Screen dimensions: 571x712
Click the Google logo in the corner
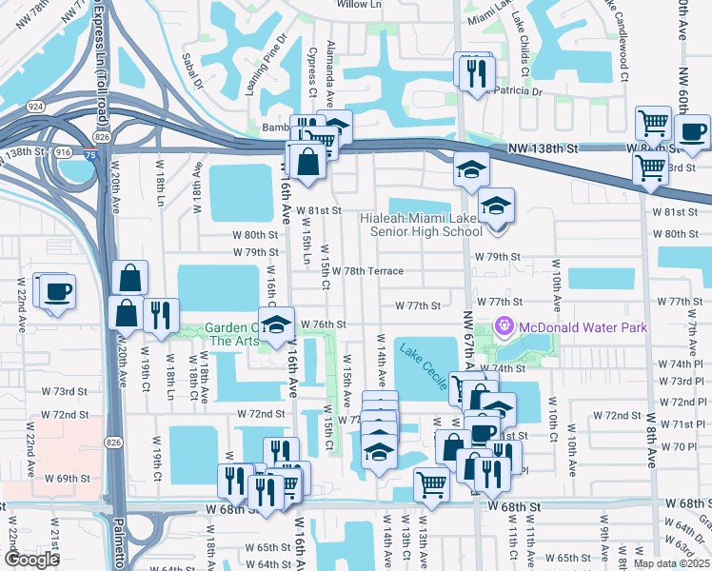coord(31,559)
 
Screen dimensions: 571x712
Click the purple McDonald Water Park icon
coord(504,327)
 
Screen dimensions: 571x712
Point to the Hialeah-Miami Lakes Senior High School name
coord(422,225)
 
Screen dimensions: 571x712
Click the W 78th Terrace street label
coord(367,271)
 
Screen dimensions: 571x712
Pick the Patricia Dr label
coord(515,92)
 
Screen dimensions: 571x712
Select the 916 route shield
coord(64,152)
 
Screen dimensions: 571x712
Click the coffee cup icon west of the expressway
coord(57,291)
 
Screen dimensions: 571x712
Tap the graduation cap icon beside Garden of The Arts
coord(276,325)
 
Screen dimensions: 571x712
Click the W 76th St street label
coord(323,325)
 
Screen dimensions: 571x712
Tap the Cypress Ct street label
coord(311,71)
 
